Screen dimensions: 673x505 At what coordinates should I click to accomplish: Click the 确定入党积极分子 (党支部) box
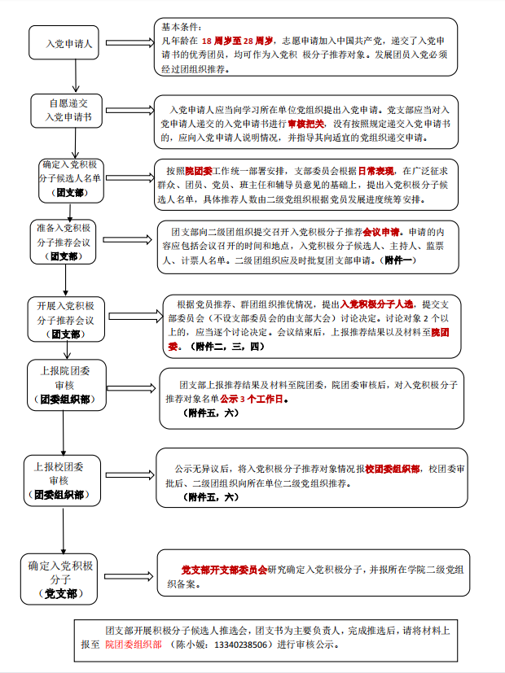61,579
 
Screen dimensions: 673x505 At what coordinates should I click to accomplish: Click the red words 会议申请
378,230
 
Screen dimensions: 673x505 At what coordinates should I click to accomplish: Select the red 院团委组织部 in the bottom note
134,644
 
